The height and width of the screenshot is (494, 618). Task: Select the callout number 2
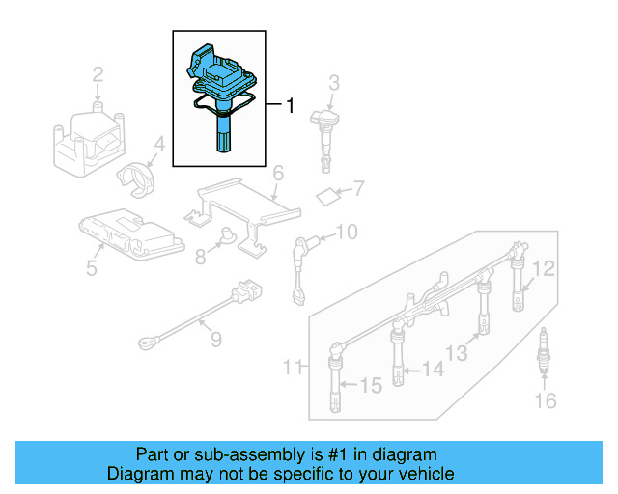98,73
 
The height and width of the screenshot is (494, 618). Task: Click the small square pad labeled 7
328,197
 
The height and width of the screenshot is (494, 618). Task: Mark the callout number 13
457,353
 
